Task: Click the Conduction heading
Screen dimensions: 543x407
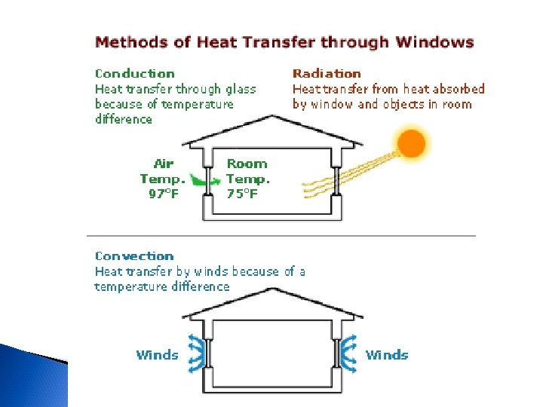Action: pos(135,74)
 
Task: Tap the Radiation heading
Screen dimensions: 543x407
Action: pos(327,74)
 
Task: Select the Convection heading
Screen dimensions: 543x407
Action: pos(134,256)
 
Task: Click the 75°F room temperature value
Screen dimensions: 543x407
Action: pos(243,194)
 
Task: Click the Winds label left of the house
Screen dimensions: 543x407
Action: pos(157,355)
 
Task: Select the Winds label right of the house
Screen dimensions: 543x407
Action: pos(387,355)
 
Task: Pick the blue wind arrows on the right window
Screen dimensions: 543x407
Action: pos(348,352)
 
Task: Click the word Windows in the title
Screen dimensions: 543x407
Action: pos(436,42)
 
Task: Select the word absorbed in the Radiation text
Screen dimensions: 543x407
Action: pos(458,89)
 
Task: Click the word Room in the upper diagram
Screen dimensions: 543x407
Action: pos(247,164)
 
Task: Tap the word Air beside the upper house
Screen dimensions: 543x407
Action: pos(163,164)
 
